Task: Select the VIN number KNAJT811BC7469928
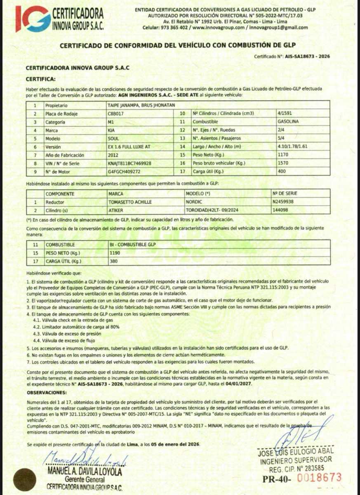[129, 163]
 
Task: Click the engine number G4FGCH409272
[123, 172]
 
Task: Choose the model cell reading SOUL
[113, 138]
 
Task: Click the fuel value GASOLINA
[289, 122]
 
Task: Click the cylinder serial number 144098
[280, 210]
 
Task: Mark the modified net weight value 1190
[115, 252]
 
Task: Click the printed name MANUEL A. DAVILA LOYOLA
[85, 471]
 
